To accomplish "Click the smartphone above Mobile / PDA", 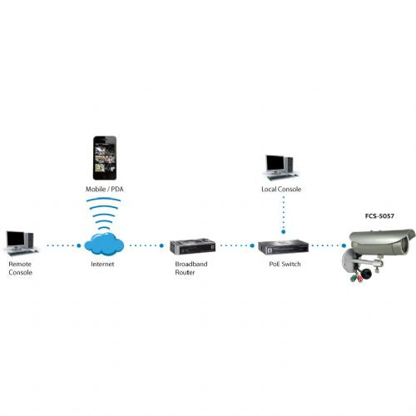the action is [x=105, y=158].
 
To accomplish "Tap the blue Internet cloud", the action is [x=104, y=245].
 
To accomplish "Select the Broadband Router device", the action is [x=193, y=246].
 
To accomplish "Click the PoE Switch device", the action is [x=283, y=247].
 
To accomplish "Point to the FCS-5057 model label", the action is [x=379, y=216].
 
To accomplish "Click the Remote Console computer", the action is [x=22, y=243].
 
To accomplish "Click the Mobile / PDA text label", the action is [x=104, y=189].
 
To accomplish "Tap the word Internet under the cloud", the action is [x=102, y=264].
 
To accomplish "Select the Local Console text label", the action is [x=281, y=189].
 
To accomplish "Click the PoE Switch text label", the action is [x=285, y=264].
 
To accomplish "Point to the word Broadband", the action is [x=191, y=264].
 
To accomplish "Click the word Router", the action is [x=185, y=272].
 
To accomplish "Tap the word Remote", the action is [x=20, y=264].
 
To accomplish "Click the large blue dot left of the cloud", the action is [x=79, y=245].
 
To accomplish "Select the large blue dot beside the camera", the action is [x=344, y=245].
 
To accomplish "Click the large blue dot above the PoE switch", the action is [x=283, y=231].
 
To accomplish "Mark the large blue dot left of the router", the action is [x=161, y=245].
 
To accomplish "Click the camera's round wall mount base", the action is [x=347, y=260].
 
